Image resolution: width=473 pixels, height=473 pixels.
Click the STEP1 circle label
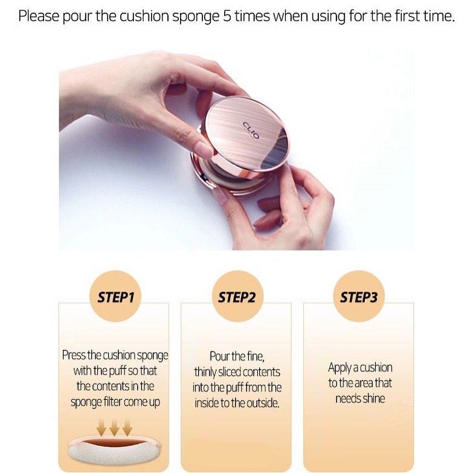point(115,296)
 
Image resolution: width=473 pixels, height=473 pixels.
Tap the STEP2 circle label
point(237,296)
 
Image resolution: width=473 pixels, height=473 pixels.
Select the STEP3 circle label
point(359,296)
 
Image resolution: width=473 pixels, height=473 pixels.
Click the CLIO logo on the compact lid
point(251,130)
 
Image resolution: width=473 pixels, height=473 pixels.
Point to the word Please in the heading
point(39,16)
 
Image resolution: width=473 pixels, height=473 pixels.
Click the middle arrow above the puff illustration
point(114,428)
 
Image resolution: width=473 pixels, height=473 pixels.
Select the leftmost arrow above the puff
point(101,428)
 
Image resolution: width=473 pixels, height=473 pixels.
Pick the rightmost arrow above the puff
point(127,428)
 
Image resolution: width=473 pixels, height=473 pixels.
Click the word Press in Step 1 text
point(74,355)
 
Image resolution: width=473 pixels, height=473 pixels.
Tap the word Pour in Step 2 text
point(219,356)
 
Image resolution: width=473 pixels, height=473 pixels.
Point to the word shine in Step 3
point(374,399)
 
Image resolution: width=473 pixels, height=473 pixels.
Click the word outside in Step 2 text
point(262,403)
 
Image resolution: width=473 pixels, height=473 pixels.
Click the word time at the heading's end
point(439,16)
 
